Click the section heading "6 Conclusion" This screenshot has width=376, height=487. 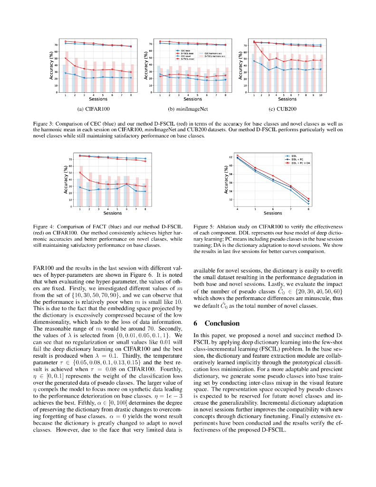click(x=216, y=323)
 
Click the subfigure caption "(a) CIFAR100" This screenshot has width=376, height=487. click(x=97, y=109)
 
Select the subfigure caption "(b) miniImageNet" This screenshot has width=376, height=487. click(x=193, y=109)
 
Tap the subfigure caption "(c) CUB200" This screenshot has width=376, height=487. click(x=287, y=109)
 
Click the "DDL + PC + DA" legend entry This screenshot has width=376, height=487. click(x=300, y=163)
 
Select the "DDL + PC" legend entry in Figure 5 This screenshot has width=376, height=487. click(x=297, y=159)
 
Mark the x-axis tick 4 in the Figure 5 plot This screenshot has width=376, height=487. click(x=237, y=209)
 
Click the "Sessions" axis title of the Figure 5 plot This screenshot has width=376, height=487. click(x=272, y=213)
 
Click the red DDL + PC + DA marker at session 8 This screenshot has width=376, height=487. click(x=308, y=199)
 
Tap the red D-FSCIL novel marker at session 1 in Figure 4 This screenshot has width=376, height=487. click(x=80, y=173)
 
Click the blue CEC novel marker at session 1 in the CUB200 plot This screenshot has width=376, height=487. click(x=254, y=61)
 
